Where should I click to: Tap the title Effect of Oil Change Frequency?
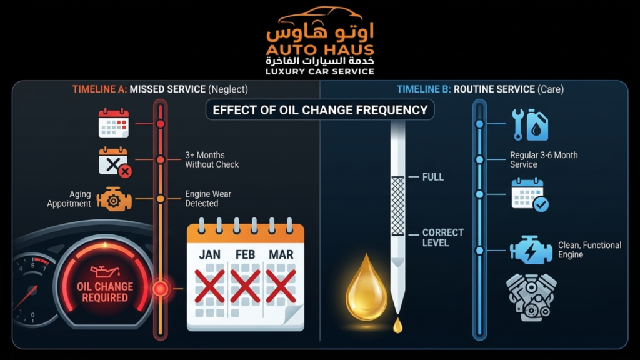(x=320, y=110)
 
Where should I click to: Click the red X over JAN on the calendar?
(x=210, y=286)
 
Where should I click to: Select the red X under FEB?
(x=245, y=286)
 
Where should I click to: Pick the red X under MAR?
(x=281, y=286)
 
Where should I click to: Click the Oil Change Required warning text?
(x=105, y=292)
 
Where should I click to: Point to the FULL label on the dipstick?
(x=432, y=177)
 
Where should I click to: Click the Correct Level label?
(x=443, y=237)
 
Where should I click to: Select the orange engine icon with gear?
(x=114, y=199)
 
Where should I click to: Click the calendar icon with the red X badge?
(x=115, y=162)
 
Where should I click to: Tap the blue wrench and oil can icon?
(x=530, y=124)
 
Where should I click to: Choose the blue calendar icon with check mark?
(x=530, y=195)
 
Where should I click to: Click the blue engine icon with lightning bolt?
(x=531, y=249)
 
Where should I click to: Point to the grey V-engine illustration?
(x=531, y=297)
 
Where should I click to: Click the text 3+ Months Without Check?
(x=212, y=159)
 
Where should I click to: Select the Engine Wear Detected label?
(x=208, y=199)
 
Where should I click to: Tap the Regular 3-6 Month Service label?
(x=544, y=159)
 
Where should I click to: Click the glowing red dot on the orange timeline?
(x=160, y=289)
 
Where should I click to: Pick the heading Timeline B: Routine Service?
(x=466, y=89)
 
